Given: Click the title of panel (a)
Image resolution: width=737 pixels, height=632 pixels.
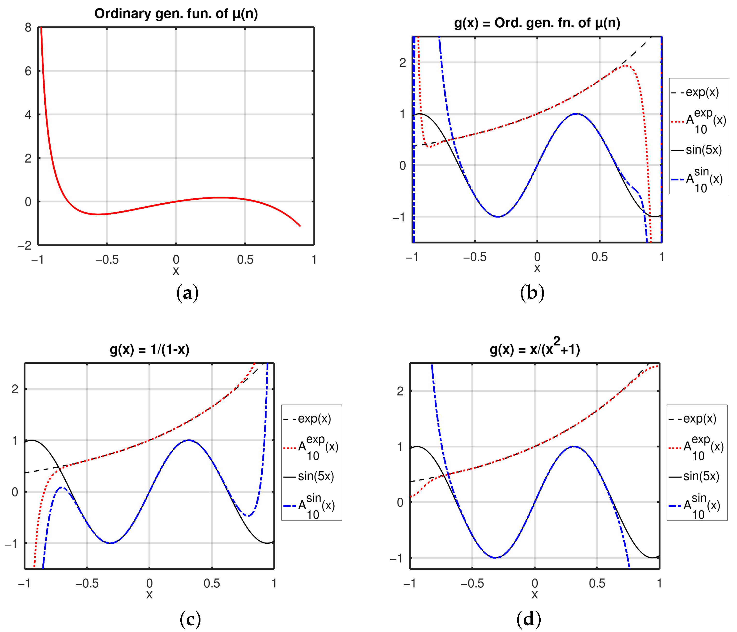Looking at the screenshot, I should [x=176, y=14].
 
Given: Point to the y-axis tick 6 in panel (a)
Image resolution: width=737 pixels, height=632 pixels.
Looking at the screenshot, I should [x=28, y=71].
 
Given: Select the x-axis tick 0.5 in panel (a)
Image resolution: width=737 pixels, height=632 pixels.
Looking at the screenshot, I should [x=245, y=260].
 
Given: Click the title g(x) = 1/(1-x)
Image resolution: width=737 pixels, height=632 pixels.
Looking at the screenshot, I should [x=149, y=350].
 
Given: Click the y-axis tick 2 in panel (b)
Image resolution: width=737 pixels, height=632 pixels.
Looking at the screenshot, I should [x=402, y=63].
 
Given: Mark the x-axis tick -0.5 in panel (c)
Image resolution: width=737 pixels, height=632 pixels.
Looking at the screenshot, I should [x=87, y=583].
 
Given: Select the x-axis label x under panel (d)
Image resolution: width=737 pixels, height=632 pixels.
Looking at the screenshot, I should [x=535, y=595].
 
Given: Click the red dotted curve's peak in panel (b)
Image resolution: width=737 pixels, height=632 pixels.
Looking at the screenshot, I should [x=626, y=65].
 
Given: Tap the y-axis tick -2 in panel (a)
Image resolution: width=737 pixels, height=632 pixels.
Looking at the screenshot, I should [x=25, y=245].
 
